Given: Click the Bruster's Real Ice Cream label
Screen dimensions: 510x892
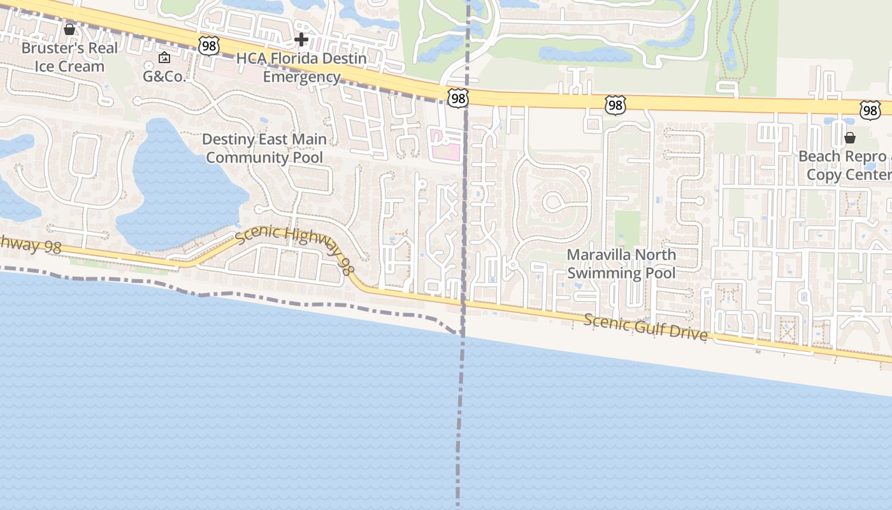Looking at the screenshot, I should (x=69, y=57).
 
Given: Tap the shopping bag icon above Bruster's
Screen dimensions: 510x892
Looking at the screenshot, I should (x=69, y=29).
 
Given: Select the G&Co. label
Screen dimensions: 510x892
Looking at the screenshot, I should (x=164, y=76).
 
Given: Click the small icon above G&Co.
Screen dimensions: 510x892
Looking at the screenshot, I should (x=164, y=58).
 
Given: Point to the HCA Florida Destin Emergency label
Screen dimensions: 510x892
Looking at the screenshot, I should (x=301, y=68).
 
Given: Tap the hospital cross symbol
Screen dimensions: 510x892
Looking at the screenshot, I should (x=301, y=40).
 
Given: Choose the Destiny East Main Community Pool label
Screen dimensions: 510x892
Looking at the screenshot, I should (x=264, y=149).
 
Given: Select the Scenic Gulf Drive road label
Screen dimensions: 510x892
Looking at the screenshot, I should (x=645, y=327).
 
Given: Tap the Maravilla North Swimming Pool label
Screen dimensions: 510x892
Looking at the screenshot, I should (x=621, y=264).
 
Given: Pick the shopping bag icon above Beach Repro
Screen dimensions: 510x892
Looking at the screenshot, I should (x=849, y=138).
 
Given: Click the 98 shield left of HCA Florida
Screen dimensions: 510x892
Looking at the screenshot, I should (x=208, y=45).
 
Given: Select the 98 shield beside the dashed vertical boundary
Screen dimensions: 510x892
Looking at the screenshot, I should (x=457, y=98).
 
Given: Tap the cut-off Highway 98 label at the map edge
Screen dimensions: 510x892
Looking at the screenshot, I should (x=29, y=244).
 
